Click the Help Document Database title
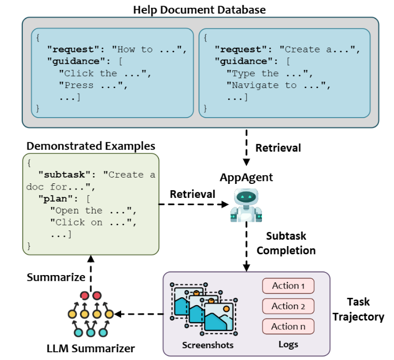199,10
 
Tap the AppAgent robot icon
246,205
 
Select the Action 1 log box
288,286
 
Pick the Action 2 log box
288,306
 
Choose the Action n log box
288,326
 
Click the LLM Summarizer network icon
91,314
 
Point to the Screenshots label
208,345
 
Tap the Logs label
288,344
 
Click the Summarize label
56,277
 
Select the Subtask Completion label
286,243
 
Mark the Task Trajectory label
358,309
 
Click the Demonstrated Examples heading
91,146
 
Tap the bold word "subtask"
64,175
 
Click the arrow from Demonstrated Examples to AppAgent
193,204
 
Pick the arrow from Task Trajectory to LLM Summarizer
139,314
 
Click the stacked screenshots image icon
205,309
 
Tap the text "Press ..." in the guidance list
93,85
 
